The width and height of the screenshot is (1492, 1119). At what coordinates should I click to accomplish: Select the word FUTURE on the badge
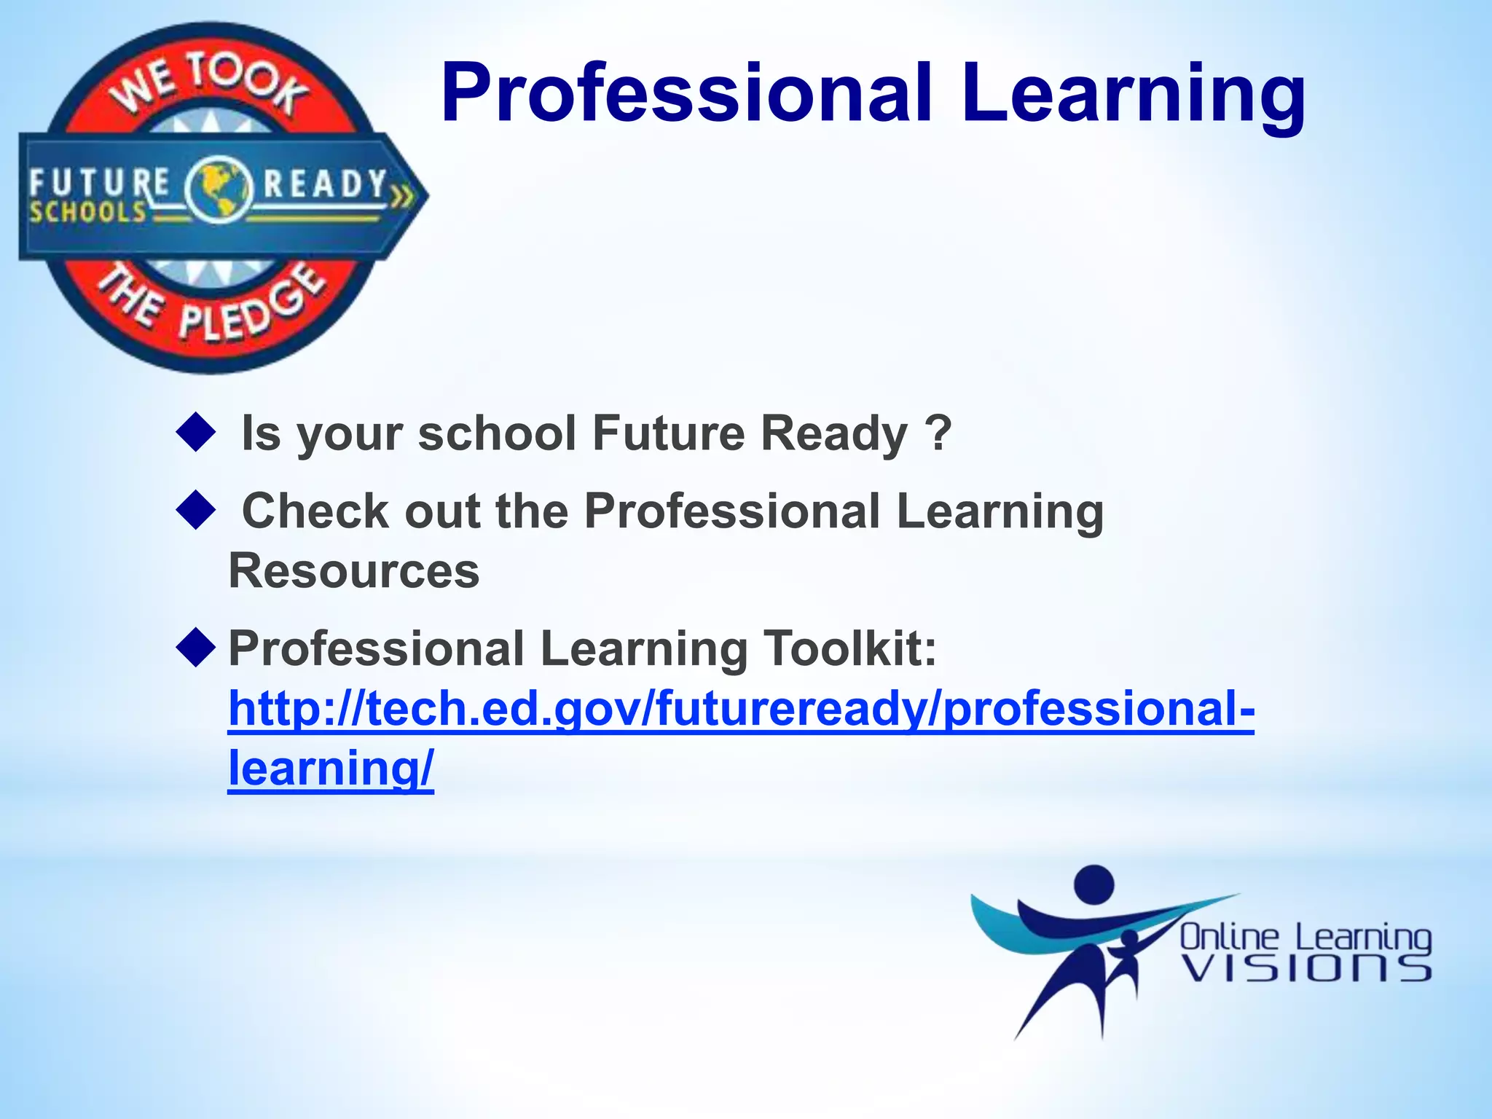coord(99,182)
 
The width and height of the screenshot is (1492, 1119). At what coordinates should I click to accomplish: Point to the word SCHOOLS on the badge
coord(88,212)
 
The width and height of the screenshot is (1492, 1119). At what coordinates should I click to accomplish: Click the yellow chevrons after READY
coord(401,196)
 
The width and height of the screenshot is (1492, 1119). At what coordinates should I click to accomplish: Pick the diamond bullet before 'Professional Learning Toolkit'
coord(196,647)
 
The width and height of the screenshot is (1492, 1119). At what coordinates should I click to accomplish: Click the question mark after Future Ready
coord(938,433)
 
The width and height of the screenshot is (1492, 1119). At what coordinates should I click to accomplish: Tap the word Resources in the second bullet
coord(354,570)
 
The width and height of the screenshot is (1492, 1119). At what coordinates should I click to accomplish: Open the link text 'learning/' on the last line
coord(331,768)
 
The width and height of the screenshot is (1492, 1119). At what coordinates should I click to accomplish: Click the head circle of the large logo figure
coord(1094,884)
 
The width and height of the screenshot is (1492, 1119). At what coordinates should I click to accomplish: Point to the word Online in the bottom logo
coord(1229,937)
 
